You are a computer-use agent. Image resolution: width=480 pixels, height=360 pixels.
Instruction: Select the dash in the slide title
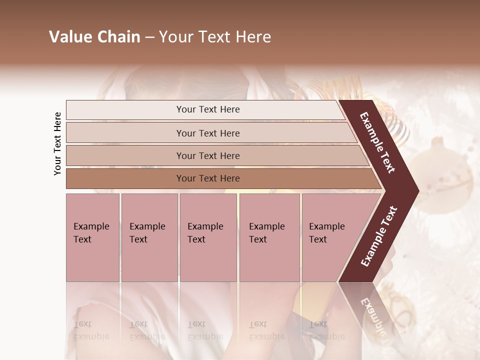point(149,37)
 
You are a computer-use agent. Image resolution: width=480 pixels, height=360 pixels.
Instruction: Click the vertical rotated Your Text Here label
point(57,143)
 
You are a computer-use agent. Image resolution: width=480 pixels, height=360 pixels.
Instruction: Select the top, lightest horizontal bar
point(205,109)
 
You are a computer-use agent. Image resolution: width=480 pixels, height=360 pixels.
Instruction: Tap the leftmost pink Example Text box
point(92,237)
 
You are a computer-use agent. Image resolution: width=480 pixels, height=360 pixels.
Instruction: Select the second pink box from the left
point(149,237)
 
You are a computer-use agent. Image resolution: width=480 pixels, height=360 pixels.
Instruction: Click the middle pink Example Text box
point(208,237)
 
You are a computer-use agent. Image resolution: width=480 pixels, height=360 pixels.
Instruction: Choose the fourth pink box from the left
point(269,237)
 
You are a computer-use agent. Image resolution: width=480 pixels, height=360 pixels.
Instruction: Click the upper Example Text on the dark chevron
point(377,142)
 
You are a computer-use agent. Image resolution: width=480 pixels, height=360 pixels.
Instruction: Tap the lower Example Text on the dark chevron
point(378,236)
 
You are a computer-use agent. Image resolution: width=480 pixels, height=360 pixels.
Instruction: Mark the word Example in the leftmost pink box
point(91,226)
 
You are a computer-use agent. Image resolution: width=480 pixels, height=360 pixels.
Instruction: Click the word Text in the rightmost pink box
point(317,239)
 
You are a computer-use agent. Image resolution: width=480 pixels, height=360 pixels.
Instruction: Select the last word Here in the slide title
point(253,37)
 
